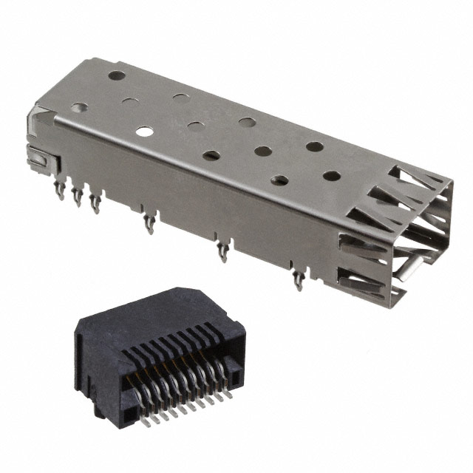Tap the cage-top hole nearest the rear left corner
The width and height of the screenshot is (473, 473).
pyautogui.click(x=116, y=75)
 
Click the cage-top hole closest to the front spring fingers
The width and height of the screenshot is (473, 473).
pyautogui.click(x=332, y=176)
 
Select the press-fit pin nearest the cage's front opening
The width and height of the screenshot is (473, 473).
pyautogui.click(x=298, y=280)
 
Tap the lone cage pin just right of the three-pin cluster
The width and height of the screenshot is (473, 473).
pyautogui.click(x=149, y=222)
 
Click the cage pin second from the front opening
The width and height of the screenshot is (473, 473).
pyautogui.click(x=222, y=253)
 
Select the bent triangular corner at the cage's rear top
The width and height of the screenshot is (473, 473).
pyautogui.click(x=41, y=118)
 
